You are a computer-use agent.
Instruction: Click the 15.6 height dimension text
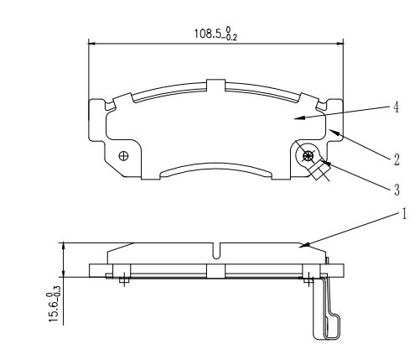(53, 303)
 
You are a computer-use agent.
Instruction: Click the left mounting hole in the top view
(124, 154)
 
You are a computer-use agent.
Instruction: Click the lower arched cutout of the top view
(216, 170)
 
